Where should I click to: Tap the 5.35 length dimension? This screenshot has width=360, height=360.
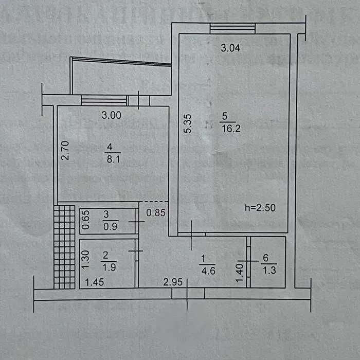188,124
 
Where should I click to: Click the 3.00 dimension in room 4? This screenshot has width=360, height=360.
111,116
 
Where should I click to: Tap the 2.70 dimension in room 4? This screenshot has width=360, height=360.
65,151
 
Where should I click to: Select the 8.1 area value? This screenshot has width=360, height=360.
111,159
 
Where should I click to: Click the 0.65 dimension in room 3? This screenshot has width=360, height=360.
86,221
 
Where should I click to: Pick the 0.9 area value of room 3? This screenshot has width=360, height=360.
106,225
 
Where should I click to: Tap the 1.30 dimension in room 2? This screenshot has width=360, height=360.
86,262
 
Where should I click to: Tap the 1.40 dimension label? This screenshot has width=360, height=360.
239,273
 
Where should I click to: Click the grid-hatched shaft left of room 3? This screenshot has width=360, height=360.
65,246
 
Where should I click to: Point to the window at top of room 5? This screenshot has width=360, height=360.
232,29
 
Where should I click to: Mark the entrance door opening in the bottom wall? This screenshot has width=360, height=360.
188,293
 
